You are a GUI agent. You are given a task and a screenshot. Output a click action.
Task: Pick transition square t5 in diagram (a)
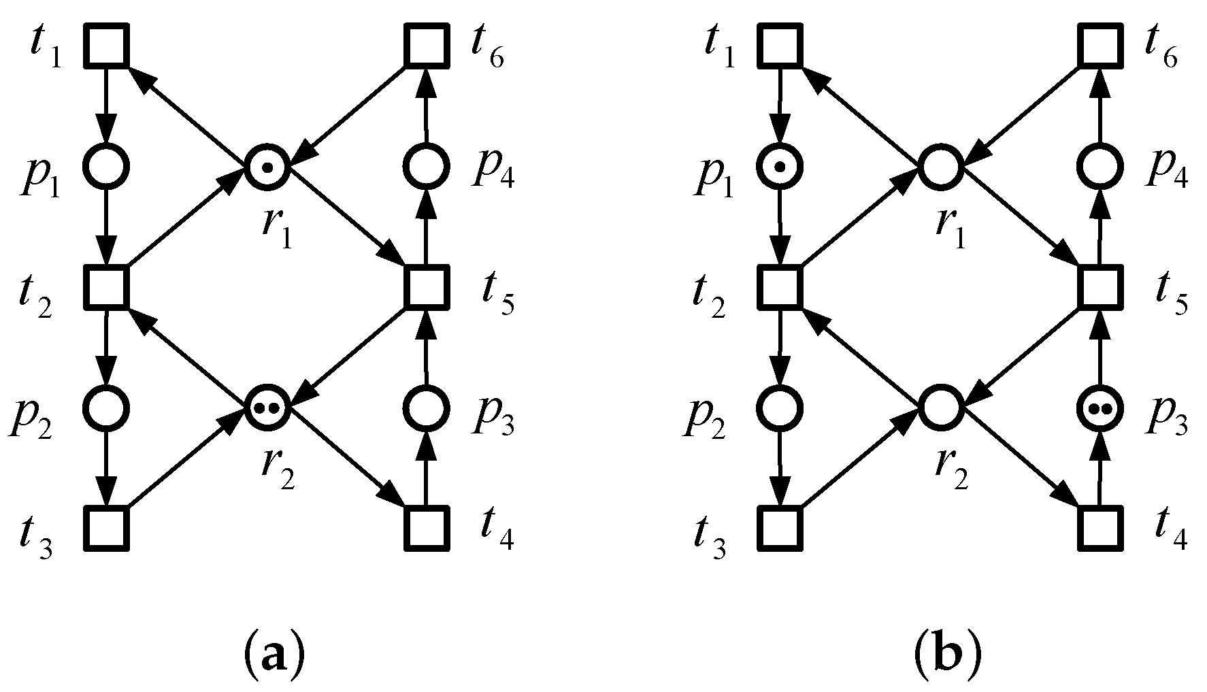427,286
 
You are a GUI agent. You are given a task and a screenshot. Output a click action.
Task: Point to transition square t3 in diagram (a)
107,528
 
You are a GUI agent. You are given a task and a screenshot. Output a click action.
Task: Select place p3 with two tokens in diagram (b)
1100,408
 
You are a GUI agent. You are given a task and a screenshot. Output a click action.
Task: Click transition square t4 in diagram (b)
1100,528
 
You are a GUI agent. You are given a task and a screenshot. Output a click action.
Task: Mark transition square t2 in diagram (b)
780,286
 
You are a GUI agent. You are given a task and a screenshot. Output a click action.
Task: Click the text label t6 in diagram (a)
487,49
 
